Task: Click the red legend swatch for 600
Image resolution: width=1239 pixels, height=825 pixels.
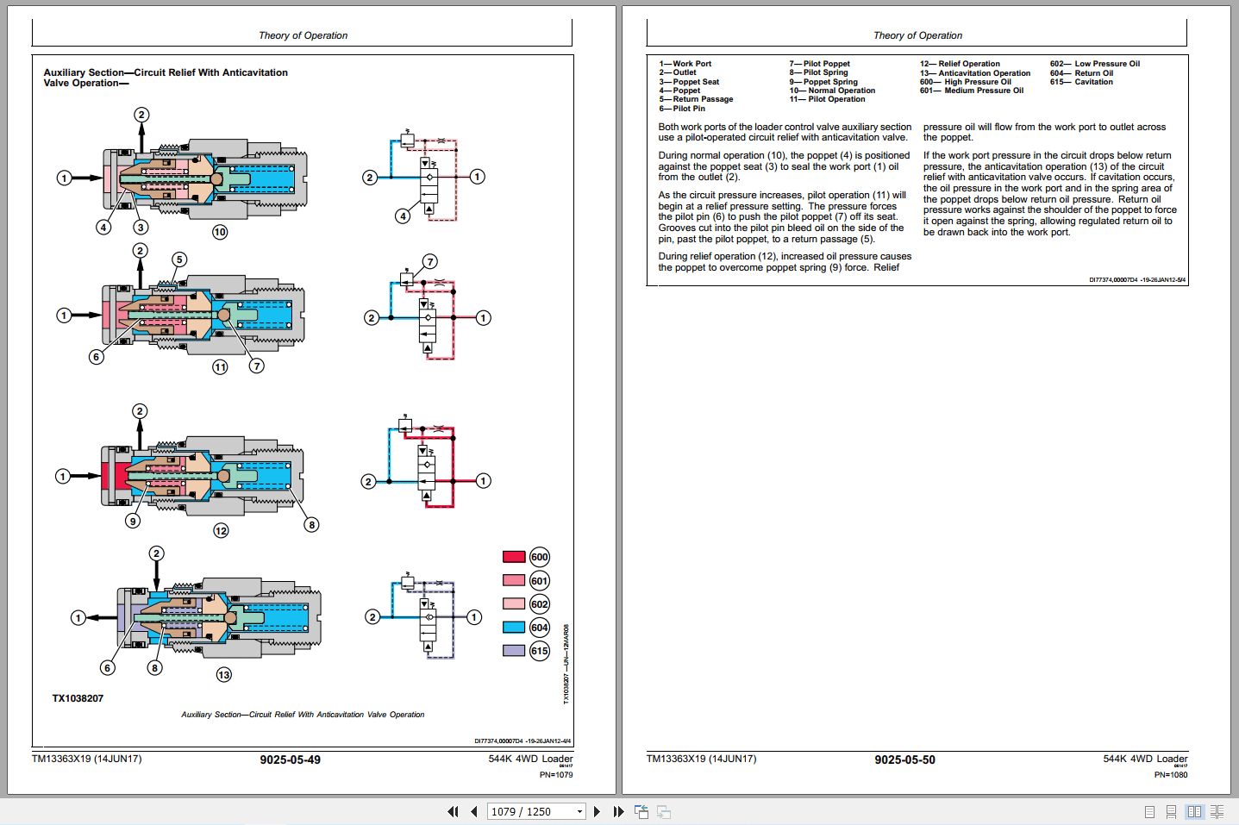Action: click(x=514, y=557)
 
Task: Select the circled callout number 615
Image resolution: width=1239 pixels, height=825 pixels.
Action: click(x=540, y=651)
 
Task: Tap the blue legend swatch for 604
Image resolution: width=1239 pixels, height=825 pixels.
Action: click(x=514, y=628)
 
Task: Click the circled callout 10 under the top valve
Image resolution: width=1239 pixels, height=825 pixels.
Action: click(x=220, y=232)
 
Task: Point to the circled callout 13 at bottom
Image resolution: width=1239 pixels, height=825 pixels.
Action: click(x=224, y=675)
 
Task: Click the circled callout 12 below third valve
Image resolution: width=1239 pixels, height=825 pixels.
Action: click(x=222, y=531)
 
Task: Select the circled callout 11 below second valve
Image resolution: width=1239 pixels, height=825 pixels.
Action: click(x=221, y=367)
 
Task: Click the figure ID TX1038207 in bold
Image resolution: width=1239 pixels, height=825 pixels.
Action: click(x=78, y=698)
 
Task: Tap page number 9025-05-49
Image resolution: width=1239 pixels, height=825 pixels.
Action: click(x=290, y=759)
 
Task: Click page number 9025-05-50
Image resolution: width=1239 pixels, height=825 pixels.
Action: click(x=904, y=759)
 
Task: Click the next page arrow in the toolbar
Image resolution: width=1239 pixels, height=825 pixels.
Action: click(x=597, y=811)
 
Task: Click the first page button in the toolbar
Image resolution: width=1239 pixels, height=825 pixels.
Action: click(x=453, y=811)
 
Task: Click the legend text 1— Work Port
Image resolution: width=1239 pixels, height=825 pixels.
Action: click(x=685, y=64)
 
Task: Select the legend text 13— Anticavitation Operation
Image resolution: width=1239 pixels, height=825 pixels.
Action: click(x=975, y=73)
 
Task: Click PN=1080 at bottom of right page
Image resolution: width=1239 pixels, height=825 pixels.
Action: click(x=1171, y=775)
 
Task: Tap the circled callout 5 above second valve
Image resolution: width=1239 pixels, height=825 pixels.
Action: click(x=179, y=259)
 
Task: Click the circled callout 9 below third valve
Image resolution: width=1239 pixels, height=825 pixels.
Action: click(x=133, y=521)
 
